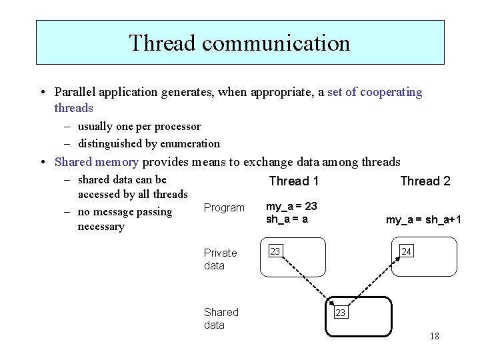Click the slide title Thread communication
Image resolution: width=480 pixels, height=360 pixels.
(239, 43)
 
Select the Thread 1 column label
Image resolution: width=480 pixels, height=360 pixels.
(293, 181)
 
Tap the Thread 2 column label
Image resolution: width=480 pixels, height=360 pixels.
(425, 181)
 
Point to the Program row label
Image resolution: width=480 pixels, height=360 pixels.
(224, 208)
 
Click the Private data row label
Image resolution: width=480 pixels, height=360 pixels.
(221, 259)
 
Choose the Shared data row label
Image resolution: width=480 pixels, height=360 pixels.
(221, 318)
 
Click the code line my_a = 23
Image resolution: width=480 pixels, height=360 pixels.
(291, 207)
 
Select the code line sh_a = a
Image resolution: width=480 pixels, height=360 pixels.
(287, 219)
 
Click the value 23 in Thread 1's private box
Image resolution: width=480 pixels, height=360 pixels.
(275, 251)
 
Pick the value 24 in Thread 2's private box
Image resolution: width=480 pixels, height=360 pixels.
(406, 251)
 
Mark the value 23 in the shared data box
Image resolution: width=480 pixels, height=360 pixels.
(340, 312)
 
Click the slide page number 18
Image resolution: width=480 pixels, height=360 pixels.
(434, 336)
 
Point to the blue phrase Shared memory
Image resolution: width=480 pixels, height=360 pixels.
(97, 162)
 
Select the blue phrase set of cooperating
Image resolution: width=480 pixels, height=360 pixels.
(375, 92)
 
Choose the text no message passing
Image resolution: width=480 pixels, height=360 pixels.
(125, 212)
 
